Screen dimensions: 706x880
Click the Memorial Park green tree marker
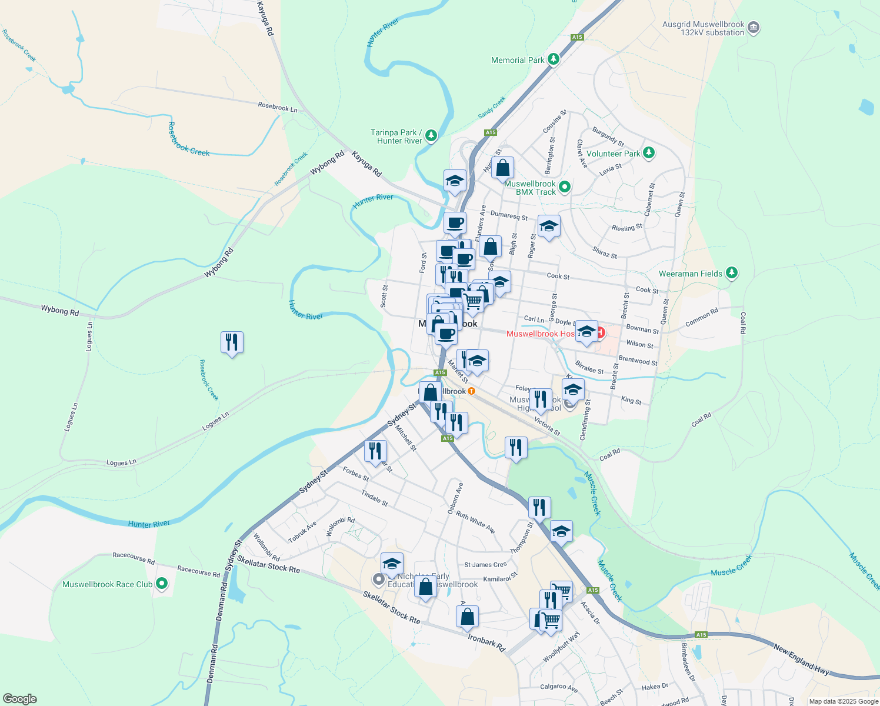(x=553, y=59)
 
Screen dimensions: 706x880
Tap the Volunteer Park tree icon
(x=649, y=153)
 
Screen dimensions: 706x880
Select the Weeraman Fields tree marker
(x=732, y=273)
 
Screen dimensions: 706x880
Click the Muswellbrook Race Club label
(x=108, y=584)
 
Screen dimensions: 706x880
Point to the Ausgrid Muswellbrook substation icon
(x=754, y=28)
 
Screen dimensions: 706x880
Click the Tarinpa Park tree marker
(x=432, y=136)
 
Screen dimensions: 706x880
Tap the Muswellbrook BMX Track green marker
(x=565, y=187)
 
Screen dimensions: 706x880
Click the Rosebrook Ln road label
(x=278, y=108)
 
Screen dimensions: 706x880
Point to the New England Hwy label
(x=801, y=658)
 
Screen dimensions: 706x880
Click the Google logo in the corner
(x=19, y=699)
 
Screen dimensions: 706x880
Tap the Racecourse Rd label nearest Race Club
(x=134, y=558)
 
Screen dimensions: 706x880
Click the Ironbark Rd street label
(x=486, y=642)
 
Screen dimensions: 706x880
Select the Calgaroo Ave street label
(x=559, y=687)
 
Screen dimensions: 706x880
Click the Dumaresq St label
(x=509, y=217)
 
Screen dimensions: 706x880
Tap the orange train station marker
(x=471, y=391)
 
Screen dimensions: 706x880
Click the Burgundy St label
(x=608, y=136)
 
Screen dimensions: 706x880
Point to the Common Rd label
(x=702, y=318)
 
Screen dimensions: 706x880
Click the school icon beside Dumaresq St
(x=549, y=226)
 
